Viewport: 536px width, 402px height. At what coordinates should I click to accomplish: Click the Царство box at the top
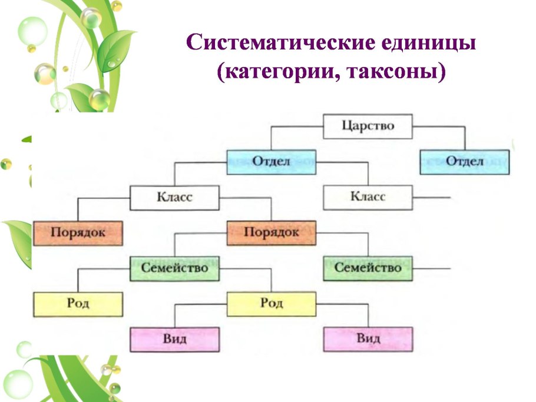pos(368,126)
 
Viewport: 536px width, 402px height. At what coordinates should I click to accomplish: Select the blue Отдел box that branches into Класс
pos(271,162)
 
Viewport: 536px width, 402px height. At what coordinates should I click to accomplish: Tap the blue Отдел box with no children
pos(465,162)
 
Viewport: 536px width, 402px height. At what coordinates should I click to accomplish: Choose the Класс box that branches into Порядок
pos(174,197)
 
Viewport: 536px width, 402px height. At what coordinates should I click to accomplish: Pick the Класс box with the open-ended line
pos(368,197)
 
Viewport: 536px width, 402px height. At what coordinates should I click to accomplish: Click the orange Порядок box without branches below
pos(78,232)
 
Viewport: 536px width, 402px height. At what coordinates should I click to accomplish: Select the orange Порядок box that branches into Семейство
pos(271,232)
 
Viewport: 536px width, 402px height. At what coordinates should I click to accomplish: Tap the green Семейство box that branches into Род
pos(174,268)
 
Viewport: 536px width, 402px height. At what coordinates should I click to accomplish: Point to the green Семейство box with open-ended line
pos(368,268)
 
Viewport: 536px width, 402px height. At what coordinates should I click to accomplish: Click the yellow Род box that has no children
pos(78,304)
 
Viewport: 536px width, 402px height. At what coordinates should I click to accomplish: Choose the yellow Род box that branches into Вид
pos(271,304)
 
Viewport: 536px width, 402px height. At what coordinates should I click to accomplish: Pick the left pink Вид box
pos(174,340)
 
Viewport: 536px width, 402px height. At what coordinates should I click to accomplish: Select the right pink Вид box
pos(368,340)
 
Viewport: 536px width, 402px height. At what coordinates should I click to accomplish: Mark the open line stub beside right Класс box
pos(432,197)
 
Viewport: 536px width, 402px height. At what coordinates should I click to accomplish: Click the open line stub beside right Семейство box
pos(432,268)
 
